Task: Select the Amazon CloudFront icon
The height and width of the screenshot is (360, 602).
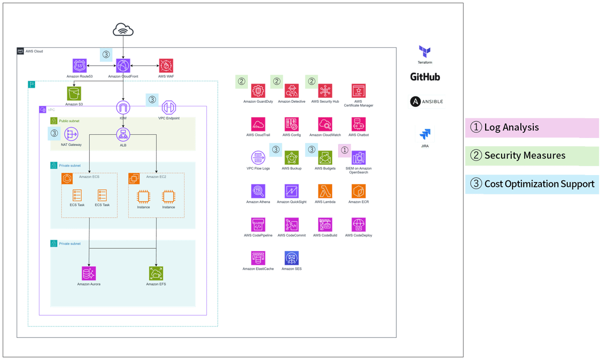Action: click(123, 65)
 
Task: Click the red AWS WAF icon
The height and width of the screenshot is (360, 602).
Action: click(165, 65)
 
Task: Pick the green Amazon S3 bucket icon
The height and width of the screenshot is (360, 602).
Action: click(74, 93)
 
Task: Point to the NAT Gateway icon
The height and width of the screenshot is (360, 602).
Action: click(71, 134)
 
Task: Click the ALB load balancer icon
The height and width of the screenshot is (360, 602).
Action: click(123, 134)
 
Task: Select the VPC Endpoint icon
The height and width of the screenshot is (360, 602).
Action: click(169, 107)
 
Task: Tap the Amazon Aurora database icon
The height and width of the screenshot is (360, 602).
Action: click(89, 273)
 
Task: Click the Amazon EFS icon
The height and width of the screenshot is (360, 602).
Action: click(156, 273)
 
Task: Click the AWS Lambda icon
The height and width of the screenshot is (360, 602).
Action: click(325, 191)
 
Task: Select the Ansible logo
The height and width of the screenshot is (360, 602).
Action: click(426, 102)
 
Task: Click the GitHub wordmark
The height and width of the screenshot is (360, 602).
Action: click(425, 77)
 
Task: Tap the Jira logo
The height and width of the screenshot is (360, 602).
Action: click(425, 134)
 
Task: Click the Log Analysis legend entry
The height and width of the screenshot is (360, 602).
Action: click(532, 127)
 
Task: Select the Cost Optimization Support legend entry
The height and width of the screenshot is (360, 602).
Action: click(532, 184)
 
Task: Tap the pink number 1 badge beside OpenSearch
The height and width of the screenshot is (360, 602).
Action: click(344, 149)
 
